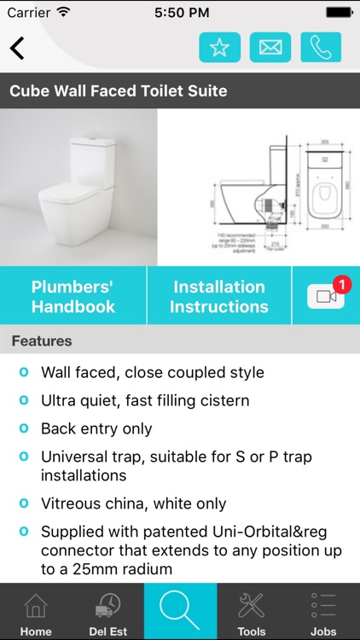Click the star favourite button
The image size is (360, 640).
click(x=219, y=48)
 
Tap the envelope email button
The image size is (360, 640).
click(x=270, y=48)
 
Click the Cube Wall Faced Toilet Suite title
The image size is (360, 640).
click(x=119, y=90)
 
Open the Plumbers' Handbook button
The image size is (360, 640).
click(x=73, y=296)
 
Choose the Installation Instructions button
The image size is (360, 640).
click(x=219, y=296)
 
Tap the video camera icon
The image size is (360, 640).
click(x=324, y=296)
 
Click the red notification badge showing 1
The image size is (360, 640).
click(x=342, y=283)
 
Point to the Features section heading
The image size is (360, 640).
click(x=42, y=341)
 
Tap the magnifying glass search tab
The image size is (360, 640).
click(x=180, y=610)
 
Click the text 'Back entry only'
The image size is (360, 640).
click(x=96, y=428)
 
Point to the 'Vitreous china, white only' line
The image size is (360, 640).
click(x=133, y=503)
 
